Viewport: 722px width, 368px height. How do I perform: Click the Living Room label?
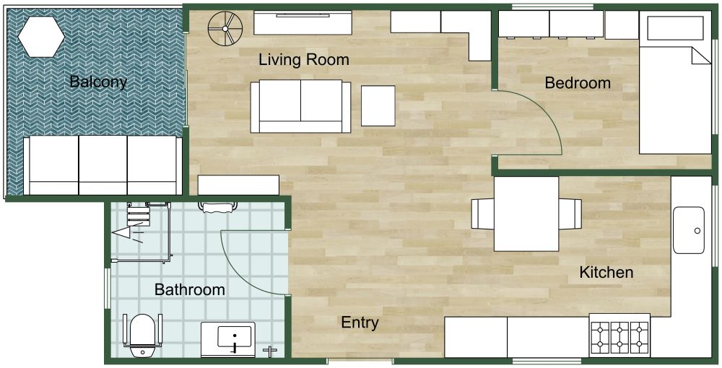(x=303, y=60)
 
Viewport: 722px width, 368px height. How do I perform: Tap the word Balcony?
(x=98, y=82)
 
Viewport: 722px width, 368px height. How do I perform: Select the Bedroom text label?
(x=578, y=83)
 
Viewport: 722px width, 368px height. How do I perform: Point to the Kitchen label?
(x=606, y=272)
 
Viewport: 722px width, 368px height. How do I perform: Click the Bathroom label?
(x=190, y=290)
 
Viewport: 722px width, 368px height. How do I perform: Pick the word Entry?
(x=360, y=323)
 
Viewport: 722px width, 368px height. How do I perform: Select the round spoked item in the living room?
(x=223, y=29)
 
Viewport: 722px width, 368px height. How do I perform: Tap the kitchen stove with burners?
(x=619, y=335)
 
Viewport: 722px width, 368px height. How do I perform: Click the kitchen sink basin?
(x=689, y=230)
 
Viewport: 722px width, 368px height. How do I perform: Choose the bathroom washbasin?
(x=235, y=336)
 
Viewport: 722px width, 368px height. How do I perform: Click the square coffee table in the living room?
(x=378, y=106)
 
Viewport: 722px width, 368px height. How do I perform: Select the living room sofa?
(x=300, y=106)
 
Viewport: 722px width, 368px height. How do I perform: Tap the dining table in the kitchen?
(x=526, y=214)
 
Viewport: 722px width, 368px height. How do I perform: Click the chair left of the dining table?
(x=482, y=214)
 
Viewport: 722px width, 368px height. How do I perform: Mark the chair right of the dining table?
(x=570, y=214)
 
